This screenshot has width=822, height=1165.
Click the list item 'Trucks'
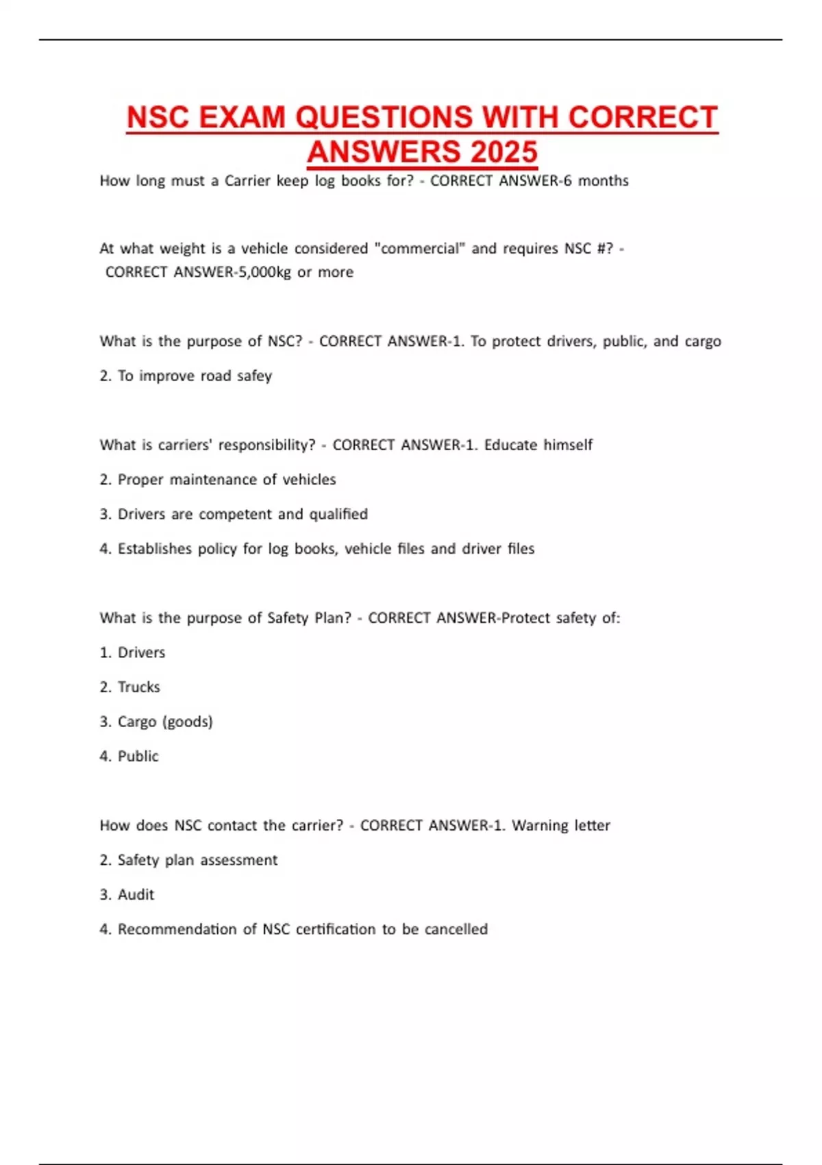tap(139, 687)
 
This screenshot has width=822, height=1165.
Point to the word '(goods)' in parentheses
tap(188, 722)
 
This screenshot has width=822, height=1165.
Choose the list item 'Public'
tap(138, 757)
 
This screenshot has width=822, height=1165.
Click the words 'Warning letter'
tap(561, 826)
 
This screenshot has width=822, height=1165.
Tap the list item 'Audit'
tap(136, 895)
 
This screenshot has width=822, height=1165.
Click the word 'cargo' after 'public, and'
tap(703, 341)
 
